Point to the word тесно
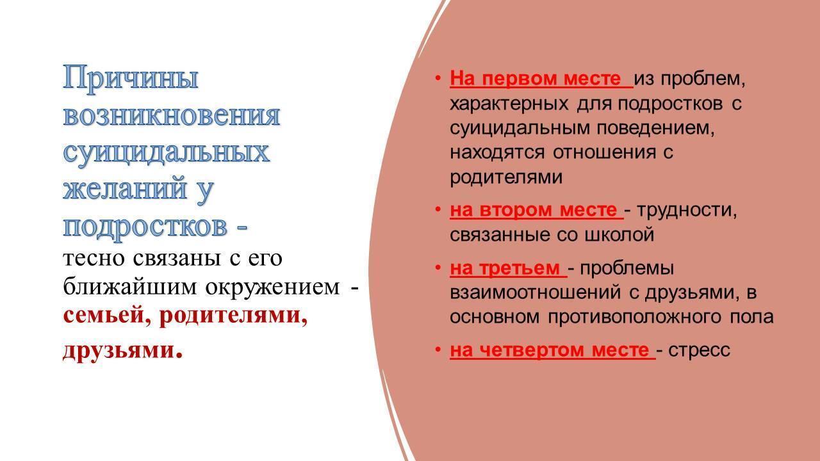tap(94, 258)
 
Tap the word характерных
tap(509, 104)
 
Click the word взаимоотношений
tap(535, 293)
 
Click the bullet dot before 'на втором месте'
tap(438, 209)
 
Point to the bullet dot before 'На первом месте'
tap(438, 78)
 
